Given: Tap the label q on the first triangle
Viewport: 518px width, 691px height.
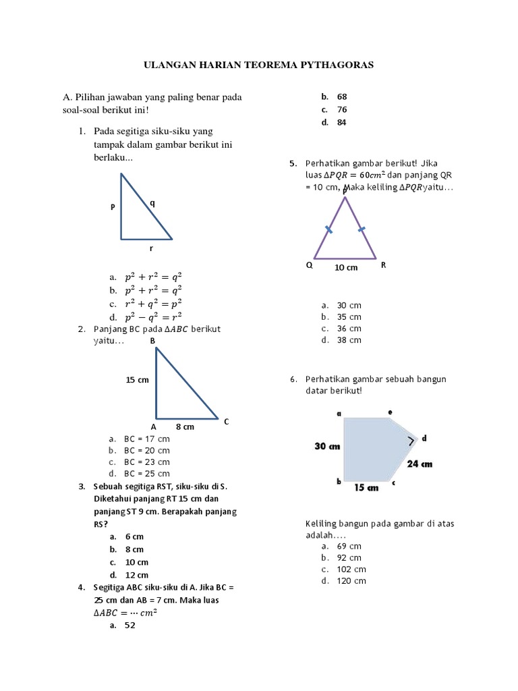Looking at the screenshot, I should point(152,202).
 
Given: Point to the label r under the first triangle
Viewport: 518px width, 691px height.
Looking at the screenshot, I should point(151,248).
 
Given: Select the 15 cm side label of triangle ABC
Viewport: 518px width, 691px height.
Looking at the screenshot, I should point(137,380).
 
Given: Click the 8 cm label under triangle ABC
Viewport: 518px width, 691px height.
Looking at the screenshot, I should point(185,426).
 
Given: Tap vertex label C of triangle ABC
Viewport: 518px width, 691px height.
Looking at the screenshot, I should point(227,422).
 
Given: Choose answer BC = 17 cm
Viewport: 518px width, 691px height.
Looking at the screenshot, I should point(146,439).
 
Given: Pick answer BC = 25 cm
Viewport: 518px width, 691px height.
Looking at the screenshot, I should point(146,474).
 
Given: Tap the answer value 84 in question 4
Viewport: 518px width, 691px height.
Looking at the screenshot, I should point(342,122).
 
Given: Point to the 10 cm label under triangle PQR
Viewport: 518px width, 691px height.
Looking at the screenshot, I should point(346,267).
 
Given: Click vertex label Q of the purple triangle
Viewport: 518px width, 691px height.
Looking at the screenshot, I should point(310,265).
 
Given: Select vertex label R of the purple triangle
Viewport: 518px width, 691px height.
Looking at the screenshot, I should point(383,265).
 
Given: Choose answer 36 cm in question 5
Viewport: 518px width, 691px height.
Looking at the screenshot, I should point(349,329).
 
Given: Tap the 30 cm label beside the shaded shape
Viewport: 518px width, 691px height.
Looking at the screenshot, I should point(326,446).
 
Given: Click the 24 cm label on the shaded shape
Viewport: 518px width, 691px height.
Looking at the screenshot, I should point(420,464).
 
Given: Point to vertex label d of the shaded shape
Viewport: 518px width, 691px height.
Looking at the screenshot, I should point(424,439).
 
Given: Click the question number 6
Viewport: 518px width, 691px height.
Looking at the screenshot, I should point(293,379).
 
